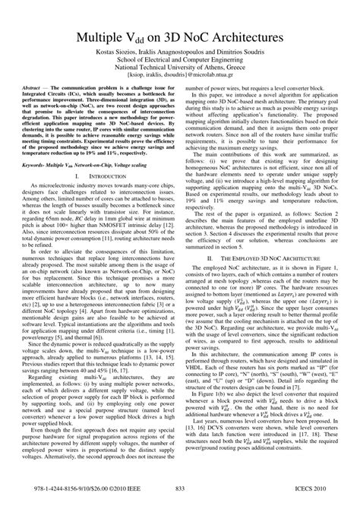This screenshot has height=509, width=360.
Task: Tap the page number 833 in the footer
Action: [x=180, y=488]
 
